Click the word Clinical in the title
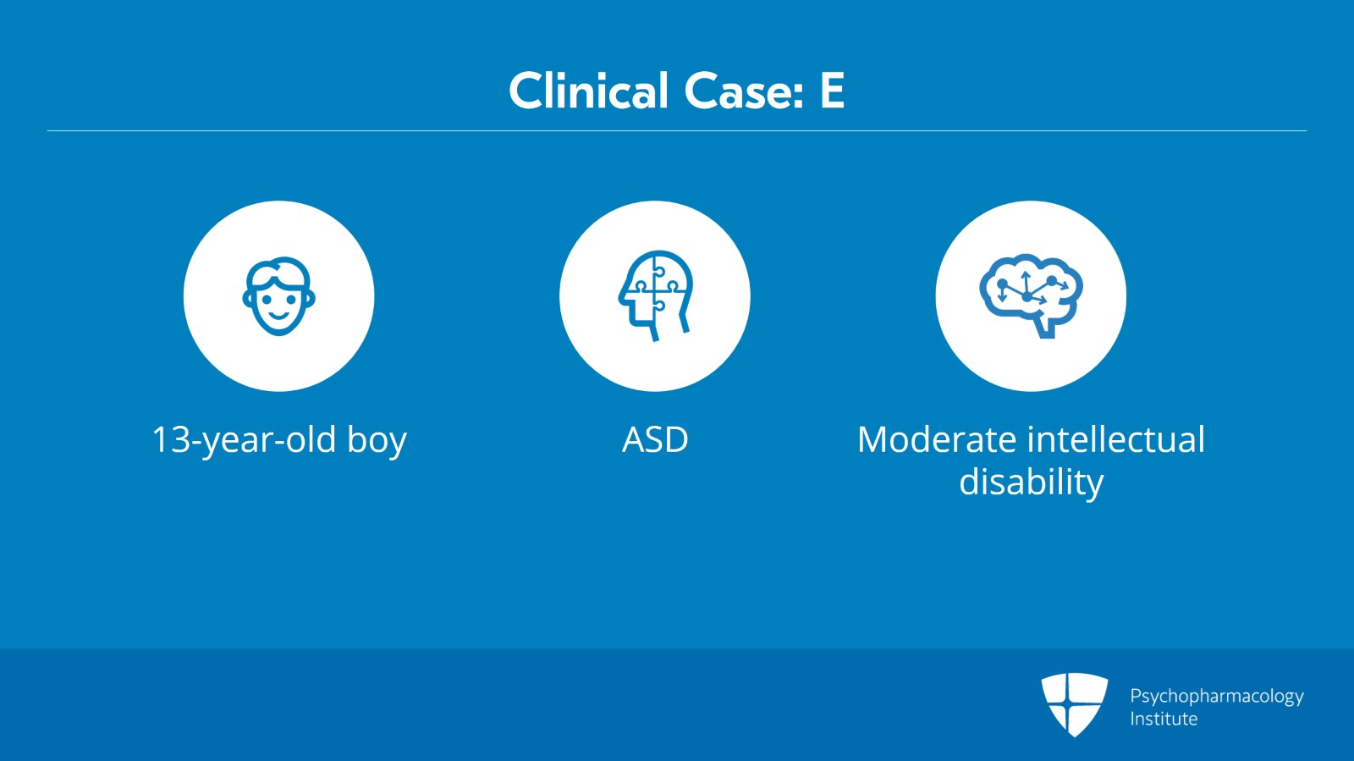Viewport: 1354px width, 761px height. [588, 91]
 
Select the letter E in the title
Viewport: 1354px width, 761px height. [832, 91]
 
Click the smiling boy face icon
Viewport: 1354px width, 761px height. [278, 296]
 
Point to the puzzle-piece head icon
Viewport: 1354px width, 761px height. [655, 295]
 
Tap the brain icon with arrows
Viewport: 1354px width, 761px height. [1031, 295]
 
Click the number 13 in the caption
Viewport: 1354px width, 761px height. [172, 439]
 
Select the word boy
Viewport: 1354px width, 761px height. [377, 441]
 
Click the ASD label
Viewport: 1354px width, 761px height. [655, 439]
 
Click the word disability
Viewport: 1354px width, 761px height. [1032, 483]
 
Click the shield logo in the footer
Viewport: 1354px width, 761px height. [1074, 704]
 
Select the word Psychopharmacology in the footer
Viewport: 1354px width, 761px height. [1217, 697]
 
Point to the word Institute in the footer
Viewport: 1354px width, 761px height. [1164, 719]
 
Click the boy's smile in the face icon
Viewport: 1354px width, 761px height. [278, 316]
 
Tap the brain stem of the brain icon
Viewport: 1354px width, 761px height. [1047, 327]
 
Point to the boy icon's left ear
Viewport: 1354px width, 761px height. [246, 297]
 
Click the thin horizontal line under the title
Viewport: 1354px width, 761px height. [677, 130]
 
